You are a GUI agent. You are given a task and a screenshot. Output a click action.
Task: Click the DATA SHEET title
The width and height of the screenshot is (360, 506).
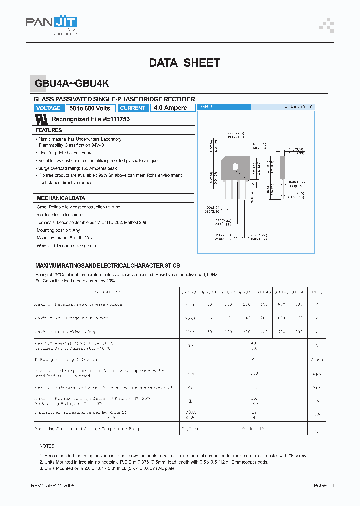point(184,63)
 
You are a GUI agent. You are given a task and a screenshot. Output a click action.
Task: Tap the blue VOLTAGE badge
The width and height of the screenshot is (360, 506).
point(49,108)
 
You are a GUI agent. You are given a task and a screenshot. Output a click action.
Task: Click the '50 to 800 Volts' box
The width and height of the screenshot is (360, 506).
point(90,108)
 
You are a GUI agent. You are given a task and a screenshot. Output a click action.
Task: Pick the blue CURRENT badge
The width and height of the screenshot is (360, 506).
point(133,108)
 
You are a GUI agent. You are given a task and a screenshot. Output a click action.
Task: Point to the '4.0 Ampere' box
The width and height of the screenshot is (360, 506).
point(171,108)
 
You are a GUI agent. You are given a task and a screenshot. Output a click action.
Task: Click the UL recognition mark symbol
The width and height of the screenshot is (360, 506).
point(42,119)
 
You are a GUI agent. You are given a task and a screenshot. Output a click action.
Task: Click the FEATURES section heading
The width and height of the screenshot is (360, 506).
point(49,130)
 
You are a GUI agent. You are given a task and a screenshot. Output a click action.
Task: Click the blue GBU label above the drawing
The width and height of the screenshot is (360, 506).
point(207,107)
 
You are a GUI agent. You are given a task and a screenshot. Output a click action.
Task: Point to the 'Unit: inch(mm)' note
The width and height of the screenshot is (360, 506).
point(298,107)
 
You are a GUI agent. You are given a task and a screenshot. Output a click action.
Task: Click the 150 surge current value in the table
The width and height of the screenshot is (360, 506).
point(254,373)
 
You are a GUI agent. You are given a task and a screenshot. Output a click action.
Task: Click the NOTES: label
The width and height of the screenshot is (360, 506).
point(48,446)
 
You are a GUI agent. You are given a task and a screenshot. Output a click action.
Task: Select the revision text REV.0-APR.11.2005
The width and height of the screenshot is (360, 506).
point(53,485)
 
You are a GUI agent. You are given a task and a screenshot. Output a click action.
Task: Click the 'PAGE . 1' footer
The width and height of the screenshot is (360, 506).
point(324,485)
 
